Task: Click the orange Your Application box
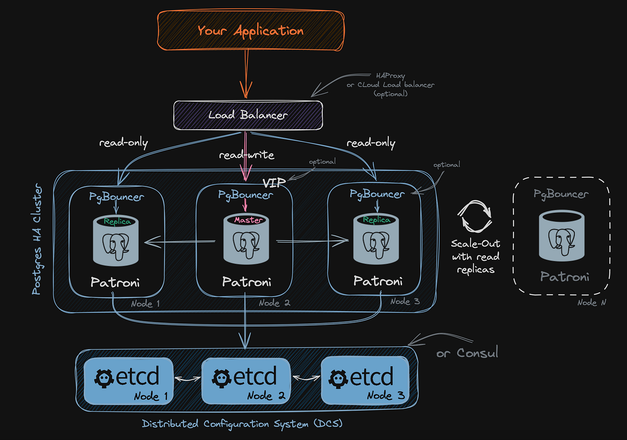click(x=251, y=31)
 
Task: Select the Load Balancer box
click(x=248, y=115)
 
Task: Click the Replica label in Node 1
click(x=117, y=222)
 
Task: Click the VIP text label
click(x=274, y=183)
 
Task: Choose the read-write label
click(x=247, y=155)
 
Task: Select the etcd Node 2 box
click(x=246, y=381)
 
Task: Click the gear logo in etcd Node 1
click(x=104, y=378)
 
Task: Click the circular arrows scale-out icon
click(x=475, y=217)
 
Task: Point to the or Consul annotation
click(x=467, y=353)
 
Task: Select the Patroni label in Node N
click(x=565, y=277)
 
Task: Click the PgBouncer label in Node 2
click(x=245, y=195)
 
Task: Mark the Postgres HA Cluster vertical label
click(x=37, y=239)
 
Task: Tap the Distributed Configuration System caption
click(x=242, y=424)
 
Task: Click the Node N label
click(x=591, y=303)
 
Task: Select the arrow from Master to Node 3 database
click(x=312, y=241)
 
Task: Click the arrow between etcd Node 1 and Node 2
click(x=187, y=379)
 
